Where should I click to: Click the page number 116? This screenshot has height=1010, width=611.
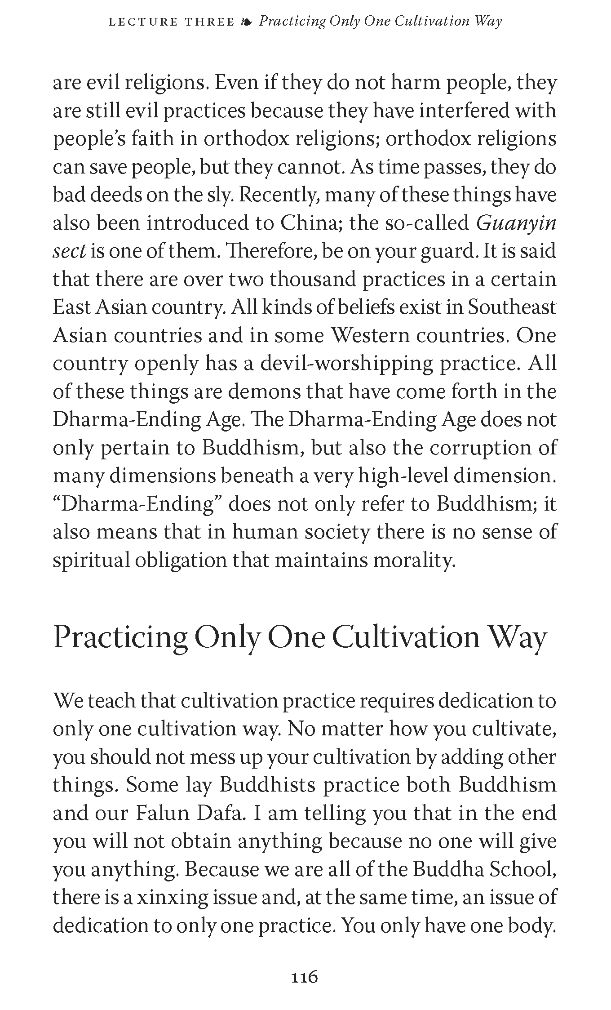pyautogui.click(x=305, y=976)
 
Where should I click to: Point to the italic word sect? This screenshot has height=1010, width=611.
pyautogui.click(x=69, y=251)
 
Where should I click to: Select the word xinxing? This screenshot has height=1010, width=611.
pyautogui.click(x=171, y=897)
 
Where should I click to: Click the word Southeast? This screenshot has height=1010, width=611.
pyautogui.click(x=512, y=307)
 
